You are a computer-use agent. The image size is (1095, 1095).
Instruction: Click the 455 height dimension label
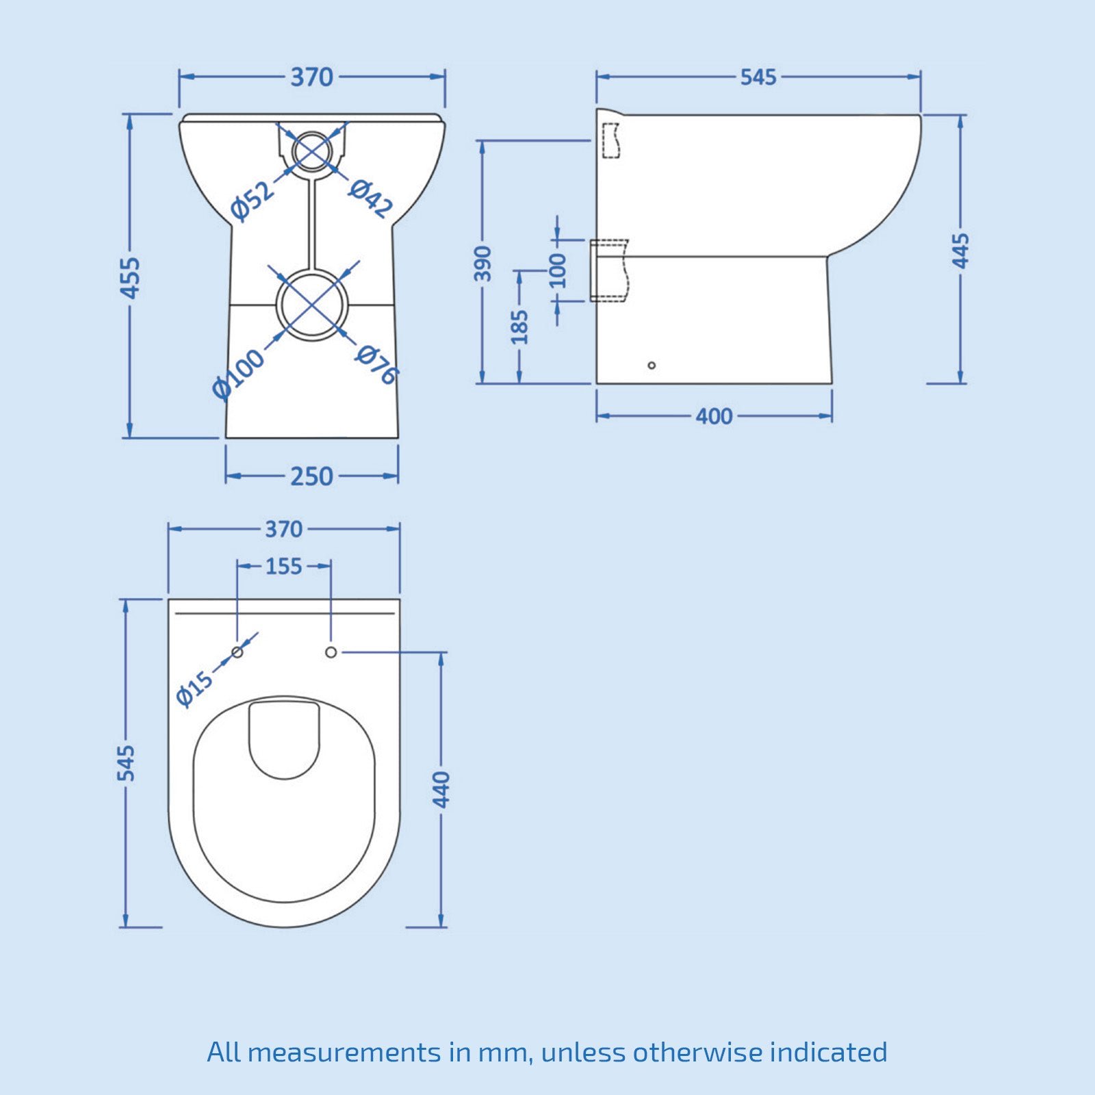pyautogui.click(x=130, y=277)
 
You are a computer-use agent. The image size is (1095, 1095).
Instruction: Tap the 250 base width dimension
pyautogui.click(x=311, y=476)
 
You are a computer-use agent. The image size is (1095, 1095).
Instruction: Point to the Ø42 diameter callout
pyautogui.click(x=371, y=198)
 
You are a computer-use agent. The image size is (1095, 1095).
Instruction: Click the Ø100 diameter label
pyautogui.click(x=237, y=374)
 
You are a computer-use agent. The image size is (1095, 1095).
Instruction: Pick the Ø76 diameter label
pyautogui.click(x=377, y=364)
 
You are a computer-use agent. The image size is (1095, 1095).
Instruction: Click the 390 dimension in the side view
pyautogui.click(x=483, y=263)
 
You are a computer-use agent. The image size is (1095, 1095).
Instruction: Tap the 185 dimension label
pyautogui.click(x=520, y=326)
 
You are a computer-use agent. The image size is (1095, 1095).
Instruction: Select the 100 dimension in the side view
pyautogui.click(x=558, y=270)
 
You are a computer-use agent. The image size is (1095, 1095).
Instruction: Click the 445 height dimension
pyautogui.click(x=961, y=250)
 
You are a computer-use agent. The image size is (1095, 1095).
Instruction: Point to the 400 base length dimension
pyautogui.click(x=714, y=416)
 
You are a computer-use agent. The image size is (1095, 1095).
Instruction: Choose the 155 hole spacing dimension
pyautogui.click(x=283, y=567)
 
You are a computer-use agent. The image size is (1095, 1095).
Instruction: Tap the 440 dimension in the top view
pyautogui.click(x=441, y=789)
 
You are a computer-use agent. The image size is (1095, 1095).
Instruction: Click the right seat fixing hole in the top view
pyautogui.click(x=331, y=652)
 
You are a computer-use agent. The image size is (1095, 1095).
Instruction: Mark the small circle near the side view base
pyautogui.click(x=652, y=365)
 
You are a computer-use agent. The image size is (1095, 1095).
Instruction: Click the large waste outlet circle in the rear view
pyautogui.click(x=312, y=305)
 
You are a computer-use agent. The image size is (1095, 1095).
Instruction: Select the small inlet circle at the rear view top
pyautogui.click(x=312, y=151)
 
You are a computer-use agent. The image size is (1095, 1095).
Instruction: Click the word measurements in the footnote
pyautogui.click(x=344, y=1052)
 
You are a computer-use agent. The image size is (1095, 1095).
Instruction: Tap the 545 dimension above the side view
pyautogui.click(x=758, y=77)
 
